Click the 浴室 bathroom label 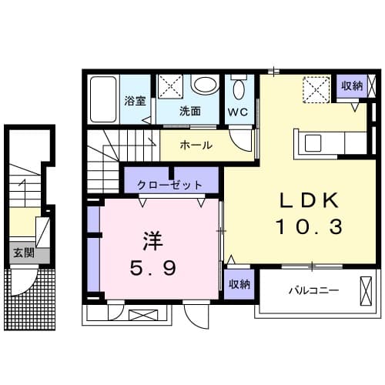[135, 100]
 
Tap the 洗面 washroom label [190, 111]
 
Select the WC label [237, 111]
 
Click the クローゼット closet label [170, 185]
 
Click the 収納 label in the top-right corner [351, 85]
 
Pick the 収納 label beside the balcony [239, 284]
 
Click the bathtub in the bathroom [102, 100]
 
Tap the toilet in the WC [238, 87]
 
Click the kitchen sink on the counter [314, 143]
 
